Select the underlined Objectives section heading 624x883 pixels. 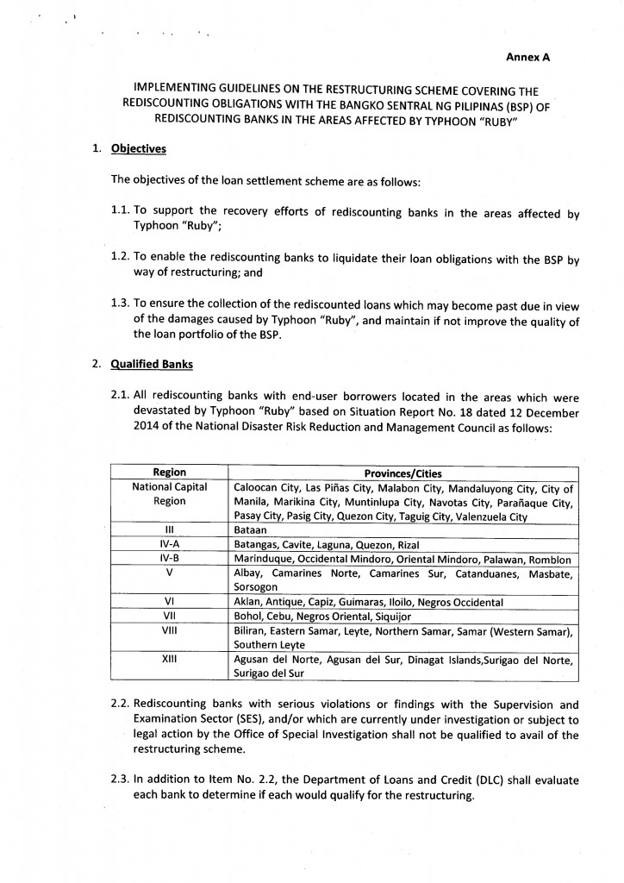pyautogui.click(x=139, y=148)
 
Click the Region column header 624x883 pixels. pyautogui.click(x=169, y=473)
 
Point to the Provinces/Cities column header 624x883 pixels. pyautogui.click(x=403, y=473)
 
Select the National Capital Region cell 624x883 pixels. pyautogui.click(x=169, y=494)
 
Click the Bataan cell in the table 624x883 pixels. pyautogui.click(x=251, y=529)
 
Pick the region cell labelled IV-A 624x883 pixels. pyautogui.click(x=169, y=544)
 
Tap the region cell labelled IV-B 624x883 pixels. pyautogui.click(x=169, y=559)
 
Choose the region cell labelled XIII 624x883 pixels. pyautogui.click(x=169, y=659)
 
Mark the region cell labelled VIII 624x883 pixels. pyautogui.click(x=169, y=630)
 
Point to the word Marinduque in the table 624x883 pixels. pyautogui.click(x=264, y=559)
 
